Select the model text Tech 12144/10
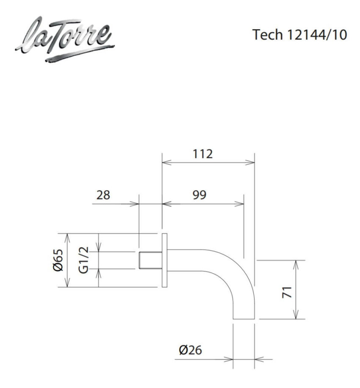coord(299,35)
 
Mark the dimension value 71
coord(288,291)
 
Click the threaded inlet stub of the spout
coord(150,260)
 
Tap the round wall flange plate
coord(164,260)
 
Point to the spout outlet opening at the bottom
coord(244,318)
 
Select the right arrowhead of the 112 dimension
coord(252,162)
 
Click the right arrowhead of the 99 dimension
coord(241,203)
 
